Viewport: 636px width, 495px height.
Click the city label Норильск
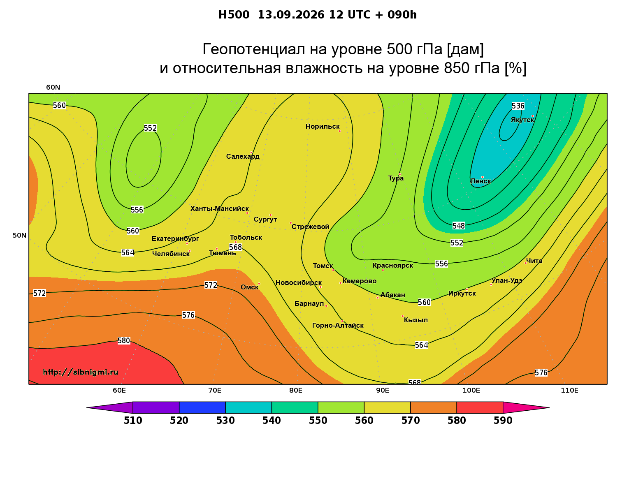(322, 126)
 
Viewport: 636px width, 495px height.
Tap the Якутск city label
(522, 120)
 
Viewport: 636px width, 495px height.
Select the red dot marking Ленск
(482, 177)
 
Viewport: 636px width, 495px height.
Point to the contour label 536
(518, 106)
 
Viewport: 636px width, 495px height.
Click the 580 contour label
(123, 341)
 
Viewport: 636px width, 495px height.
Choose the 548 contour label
(458, 226)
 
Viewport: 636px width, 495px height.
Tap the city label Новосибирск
(299, 283)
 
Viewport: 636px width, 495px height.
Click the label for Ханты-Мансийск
(219, 208)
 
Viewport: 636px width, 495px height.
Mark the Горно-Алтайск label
(338, 325)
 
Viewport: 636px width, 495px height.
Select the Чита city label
(534, 261)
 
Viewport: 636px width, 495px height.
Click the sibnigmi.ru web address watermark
(81, 372)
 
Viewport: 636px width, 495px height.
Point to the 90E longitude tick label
(382, 390)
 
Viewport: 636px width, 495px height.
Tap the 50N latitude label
(19, 235)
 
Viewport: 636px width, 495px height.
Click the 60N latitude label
(53, 87)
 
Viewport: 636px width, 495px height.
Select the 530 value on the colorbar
(225, 421)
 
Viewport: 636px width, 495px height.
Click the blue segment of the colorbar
(202, 407)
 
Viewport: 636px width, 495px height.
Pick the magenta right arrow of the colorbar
(526, 407)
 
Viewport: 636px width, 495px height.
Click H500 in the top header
(234, 15)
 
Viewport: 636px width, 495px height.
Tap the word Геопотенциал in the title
(254, 49)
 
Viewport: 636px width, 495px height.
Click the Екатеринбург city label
(175, 238)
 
